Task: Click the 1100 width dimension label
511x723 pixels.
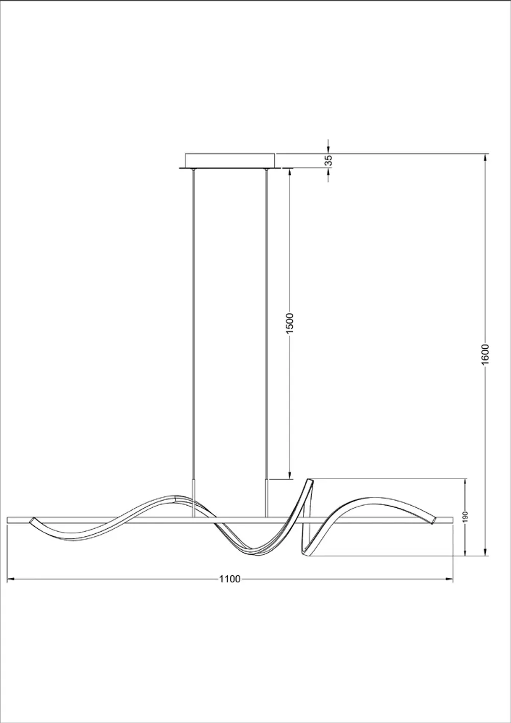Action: pyautogui.click(x=229, y=579)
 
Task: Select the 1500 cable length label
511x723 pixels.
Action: pyautogui.click(x=290, y=323)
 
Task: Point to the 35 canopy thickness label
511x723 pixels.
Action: pyautogui.click(x=329, y=160)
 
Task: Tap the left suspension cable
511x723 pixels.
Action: pyautogui.click(x=193, y=322)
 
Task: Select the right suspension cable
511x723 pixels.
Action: pyautogui.click(x=266, y=322)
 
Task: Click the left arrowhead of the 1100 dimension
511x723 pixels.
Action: pyautogui.click(x=9, y=579)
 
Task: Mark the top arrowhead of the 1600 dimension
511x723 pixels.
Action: pyautogui.click(x=485, y=156)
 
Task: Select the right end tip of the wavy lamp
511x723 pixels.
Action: pyautogui.click(x=434, y=521)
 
